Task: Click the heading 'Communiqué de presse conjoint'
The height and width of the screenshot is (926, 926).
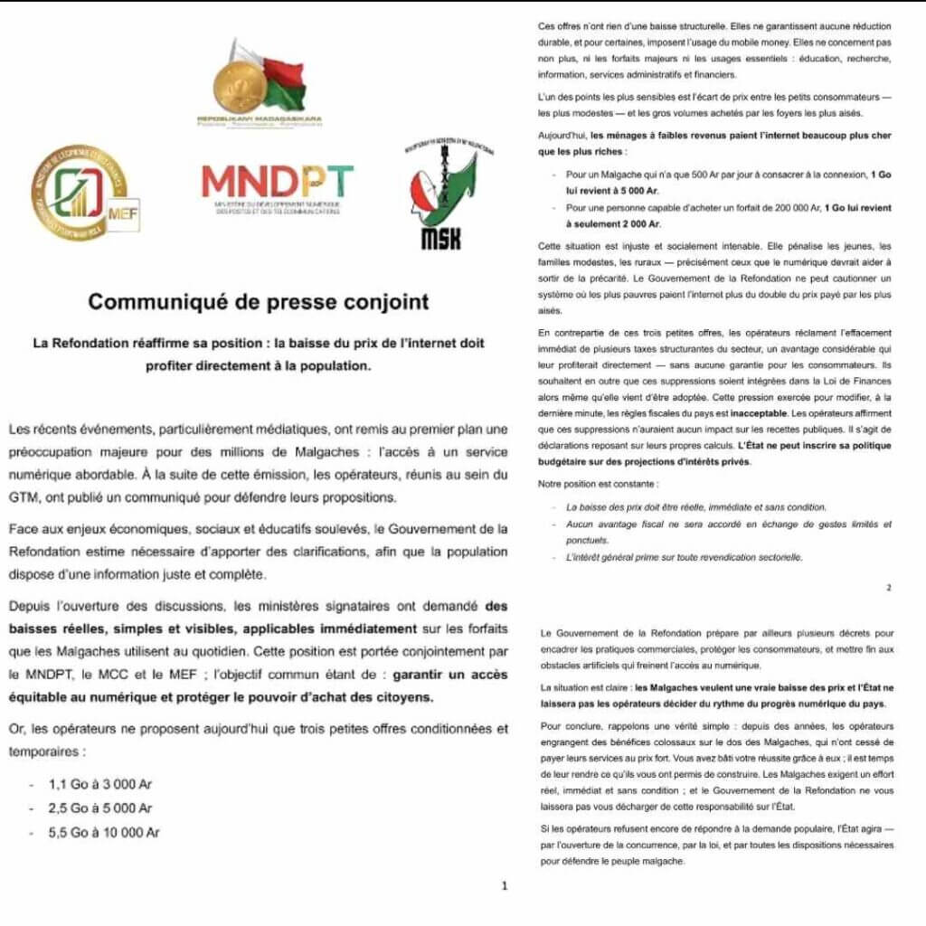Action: tap(259, 302)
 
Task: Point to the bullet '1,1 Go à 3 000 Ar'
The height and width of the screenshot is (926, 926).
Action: tap(100, 783)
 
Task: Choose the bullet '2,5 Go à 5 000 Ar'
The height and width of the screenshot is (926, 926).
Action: tap(100, 808)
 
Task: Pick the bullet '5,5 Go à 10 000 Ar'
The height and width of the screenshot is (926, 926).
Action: tap(104, 832)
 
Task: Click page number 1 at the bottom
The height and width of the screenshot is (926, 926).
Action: tap(505, 886)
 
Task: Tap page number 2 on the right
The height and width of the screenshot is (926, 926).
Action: tap(889, 587)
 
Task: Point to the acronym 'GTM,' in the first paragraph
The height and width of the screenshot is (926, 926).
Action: tap(24, 497)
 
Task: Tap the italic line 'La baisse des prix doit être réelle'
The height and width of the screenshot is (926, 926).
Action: tap(696, 507)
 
